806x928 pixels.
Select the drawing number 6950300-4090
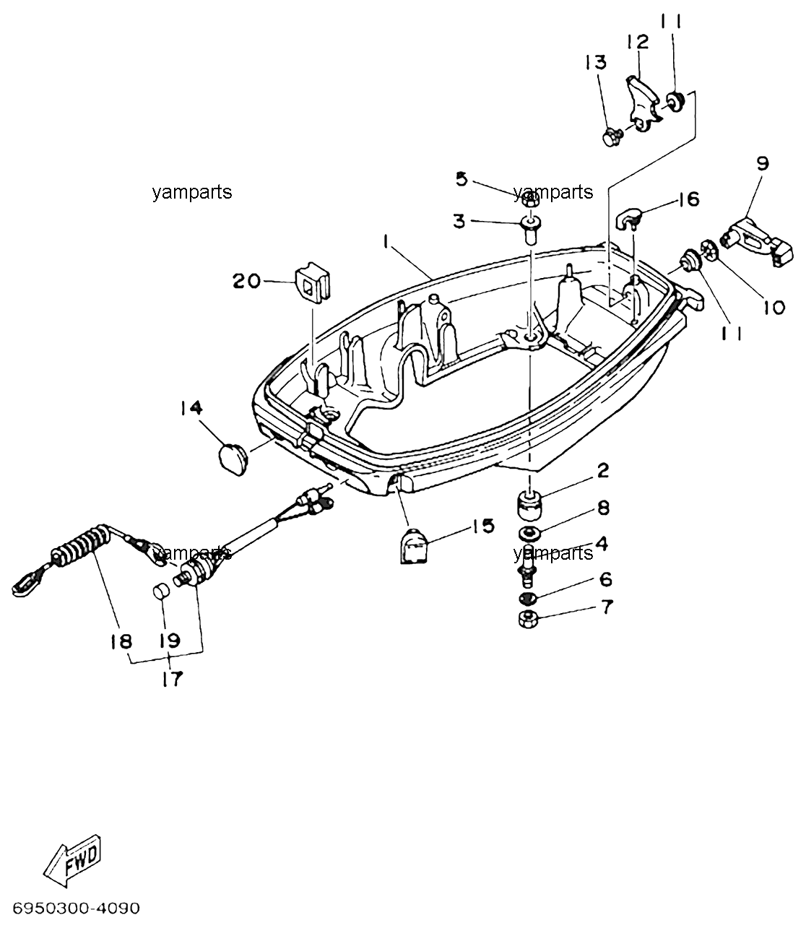[x=77, y=908]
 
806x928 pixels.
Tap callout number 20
[x=246, y=281]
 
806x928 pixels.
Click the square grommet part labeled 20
[x=313, y=282]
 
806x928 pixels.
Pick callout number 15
[x=482, y=526]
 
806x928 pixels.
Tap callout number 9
[x=763, y=163]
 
